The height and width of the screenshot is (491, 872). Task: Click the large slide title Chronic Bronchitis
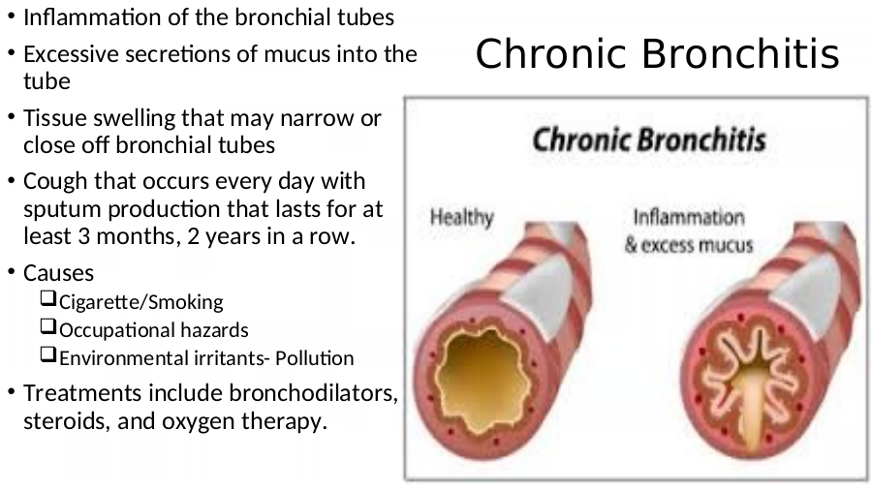point(657,53)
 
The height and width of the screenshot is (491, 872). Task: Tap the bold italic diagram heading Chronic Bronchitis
point(649,139)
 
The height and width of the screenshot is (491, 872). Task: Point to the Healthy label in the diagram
point(461,218)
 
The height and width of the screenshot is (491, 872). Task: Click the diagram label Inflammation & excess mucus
point(689,230)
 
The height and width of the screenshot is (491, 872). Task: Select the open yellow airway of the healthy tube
point(483,380)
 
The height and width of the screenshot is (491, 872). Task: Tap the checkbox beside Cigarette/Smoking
point(48,298)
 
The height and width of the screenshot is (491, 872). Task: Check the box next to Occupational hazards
point(48,325)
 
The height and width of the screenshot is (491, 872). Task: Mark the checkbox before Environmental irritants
point(48,354)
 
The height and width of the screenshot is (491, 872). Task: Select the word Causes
point(58,273)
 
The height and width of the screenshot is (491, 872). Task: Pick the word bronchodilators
point(313,393)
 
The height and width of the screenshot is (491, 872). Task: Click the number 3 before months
point(83,236)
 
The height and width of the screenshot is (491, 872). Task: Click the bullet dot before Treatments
point(12,391)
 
